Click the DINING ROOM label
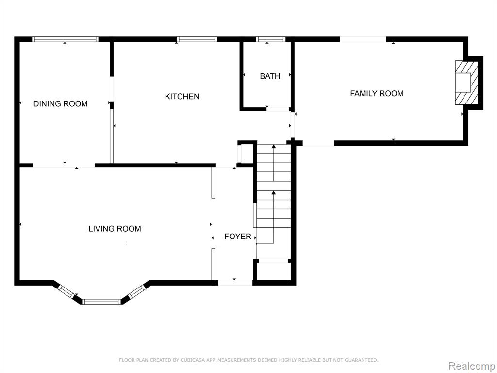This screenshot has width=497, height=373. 61,104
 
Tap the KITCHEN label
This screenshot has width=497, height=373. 182,97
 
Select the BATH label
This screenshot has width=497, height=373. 270,76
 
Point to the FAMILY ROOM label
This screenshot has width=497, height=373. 377,94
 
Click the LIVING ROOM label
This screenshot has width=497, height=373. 115,229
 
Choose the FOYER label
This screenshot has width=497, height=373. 238,237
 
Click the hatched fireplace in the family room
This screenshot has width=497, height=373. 466,83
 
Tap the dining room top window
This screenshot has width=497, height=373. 66,39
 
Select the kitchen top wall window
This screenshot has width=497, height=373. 197,39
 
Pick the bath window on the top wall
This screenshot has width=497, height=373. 271,39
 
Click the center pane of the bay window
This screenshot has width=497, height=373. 101,301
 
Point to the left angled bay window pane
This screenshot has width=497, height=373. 66,291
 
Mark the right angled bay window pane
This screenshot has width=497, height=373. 136,291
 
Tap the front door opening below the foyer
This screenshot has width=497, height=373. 235,283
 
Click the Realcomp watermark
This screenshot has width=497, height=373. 472,366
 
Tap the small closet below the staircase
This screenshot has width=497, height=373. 274,270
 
